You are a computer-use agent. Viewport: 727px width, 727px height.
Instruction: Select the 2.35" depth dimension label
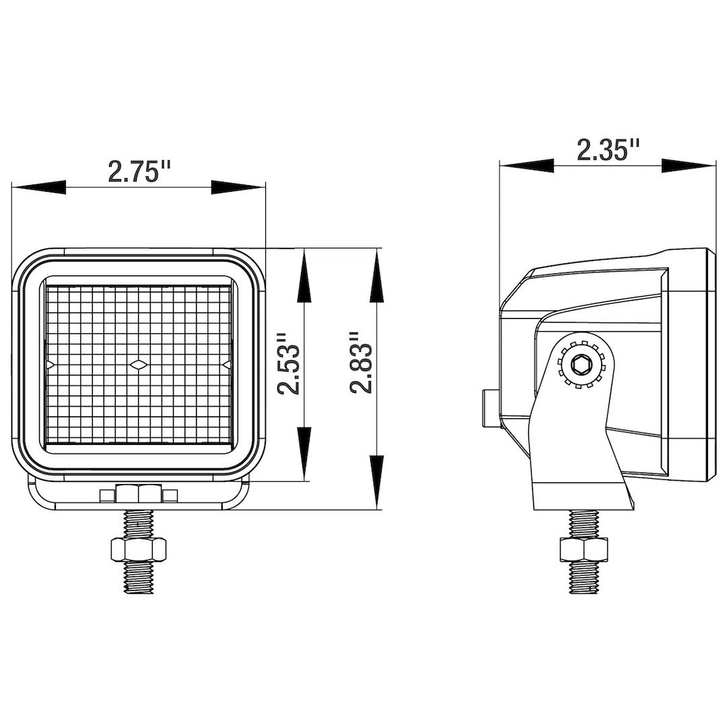point(608,149)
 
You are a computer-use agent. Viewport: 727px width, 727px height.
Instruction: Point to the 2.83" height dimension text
point(361,363)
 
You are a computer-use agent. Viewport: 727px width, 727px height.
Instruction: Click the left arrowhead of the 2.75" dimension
point(38,187)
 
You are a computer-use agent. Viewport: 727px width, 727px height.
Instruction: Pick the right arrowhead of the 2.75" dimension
point(238,187)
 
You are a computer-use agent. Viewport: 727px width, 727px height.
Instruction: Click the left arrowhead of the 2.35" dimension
point(526,166)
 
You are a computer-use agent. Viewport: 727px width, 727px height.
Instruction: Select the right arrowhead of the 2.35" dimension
point(689,166)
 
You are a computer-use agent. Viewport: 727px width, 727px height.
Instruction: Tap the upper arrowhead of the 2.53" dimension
point(304,276)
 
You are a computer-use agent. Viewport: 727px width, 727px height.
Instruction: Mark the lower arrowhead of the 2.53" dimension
point(304,454)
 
